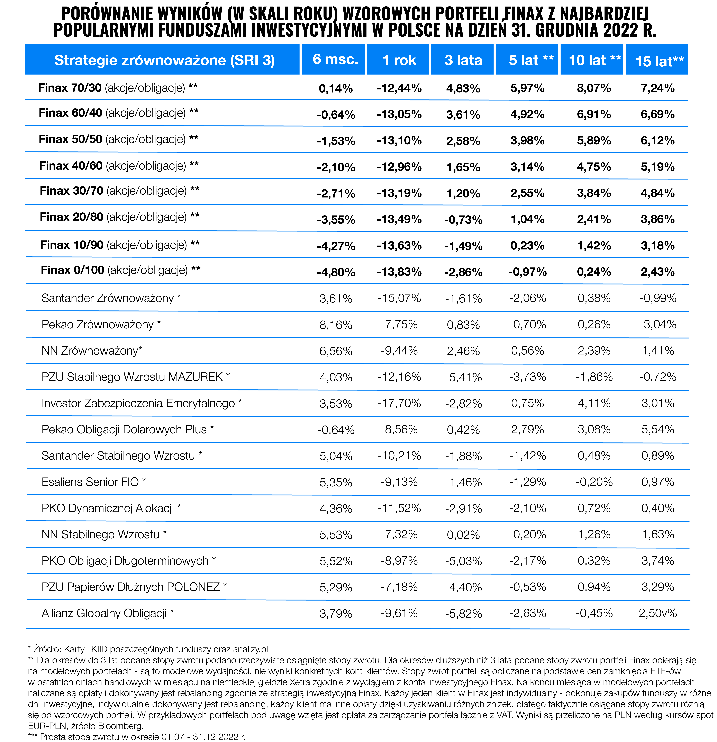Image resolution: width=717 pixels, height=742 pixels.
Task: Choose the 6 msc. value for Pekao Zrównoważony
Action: [336, 325]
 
